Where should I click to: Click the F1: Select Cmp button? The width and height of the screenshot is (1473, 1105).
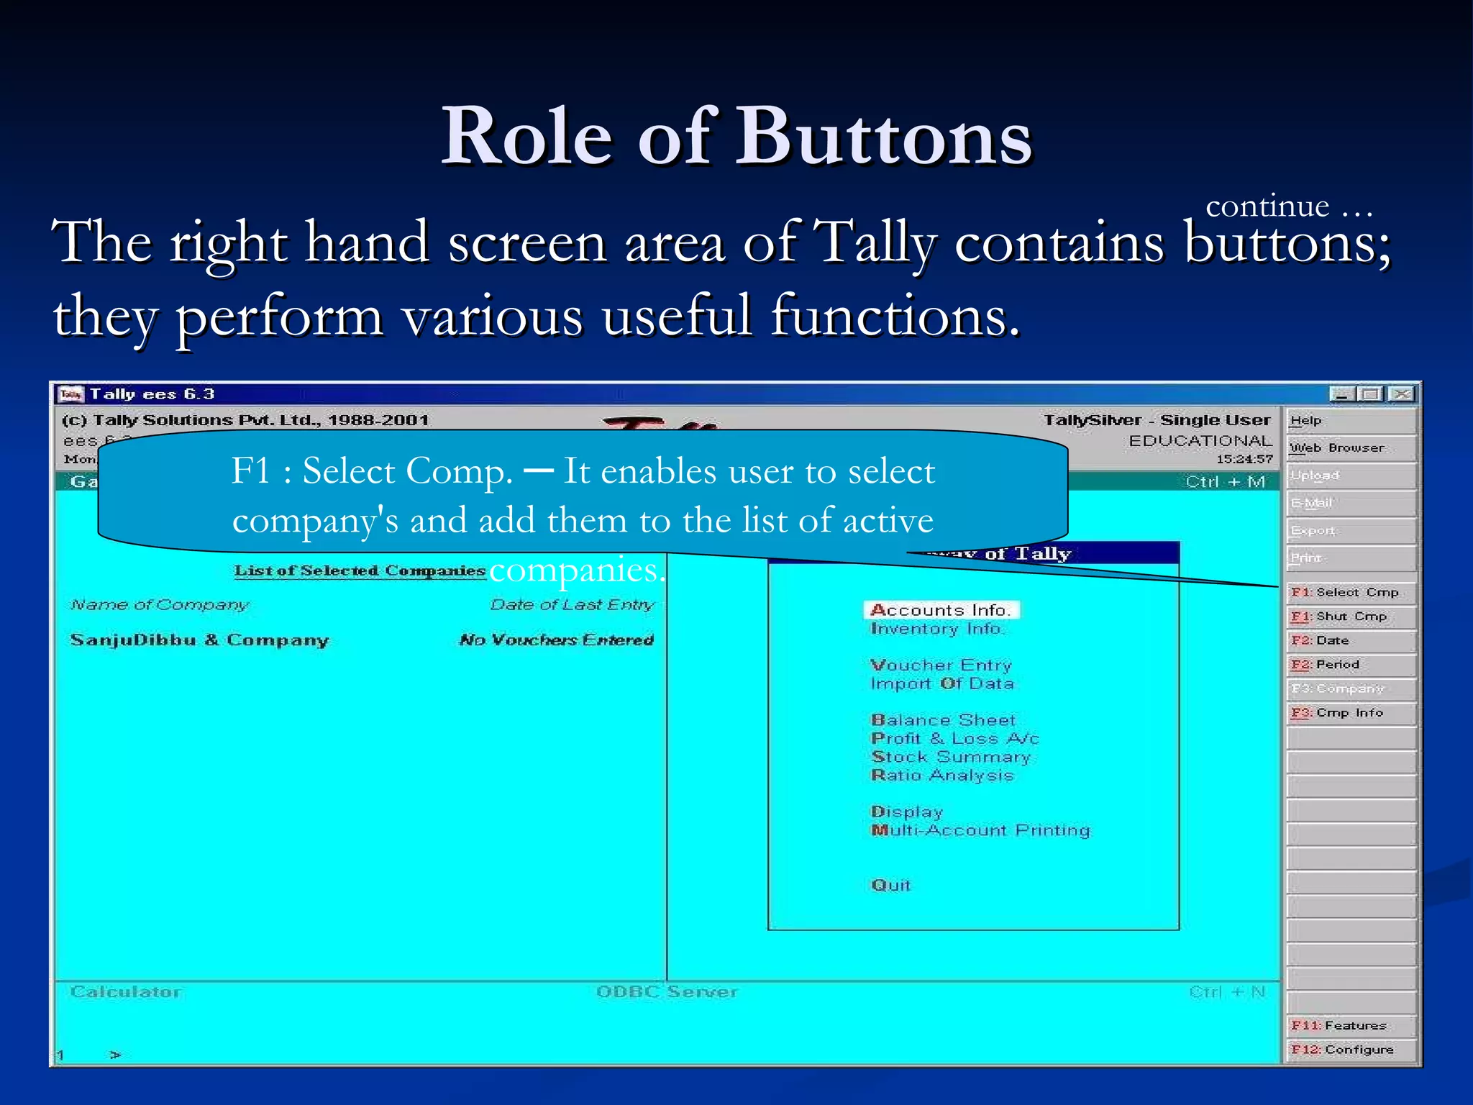click(x=1349, y=592)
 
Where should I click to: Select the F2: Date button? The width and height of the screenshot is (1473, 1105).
click(x=1349, y=640)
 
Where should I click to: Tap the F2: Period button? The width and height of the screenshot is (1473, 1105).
click(x=1349, y=665)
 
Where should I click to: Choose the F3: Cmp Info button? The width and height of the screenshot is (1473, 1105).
click(x=1349, y=713)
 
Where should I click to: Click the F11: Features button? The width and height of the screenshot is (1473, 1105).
click(x=1349, y=1025)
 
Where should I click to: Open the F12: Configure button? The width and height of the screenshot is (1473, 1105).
click(x=1349, y=1050)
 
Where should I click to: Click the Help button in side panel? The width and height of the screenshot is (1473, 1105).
click(x=1349, y=421)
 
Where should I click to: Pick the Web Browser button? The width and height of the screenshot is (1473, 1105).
click(x=1349, y=447)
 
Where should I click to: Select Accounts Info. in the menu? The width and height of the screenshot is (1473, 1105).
click(x=941, y=610)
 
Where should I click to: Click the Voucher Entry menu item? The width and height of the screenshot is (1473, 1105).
click(x=941, y=665)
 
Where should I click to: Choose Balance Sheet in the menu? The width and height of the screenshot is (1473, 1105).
click(x=943, y=720)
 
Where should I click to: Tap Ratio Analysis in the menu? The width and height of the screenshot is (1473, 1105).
click(x=942, y=776)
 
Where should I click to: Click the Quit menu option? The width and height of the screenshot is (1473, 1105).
click(x=890, y=886)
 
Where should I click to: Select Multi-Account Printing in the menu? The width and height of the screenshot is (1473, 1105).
click(x=980, y=830)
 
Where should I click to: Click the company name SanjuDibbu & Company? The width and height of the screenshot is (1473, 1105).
click(x=199, y=640)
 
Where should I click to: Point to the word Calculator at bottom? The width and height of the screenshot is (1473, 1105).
click(x=126, y=992)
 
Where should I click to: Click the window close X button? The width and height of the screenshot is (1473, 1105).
click(x=1400, y=394)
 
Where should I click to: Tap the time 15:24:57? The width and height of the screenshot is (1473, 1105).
click(x=1244, y=459)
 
